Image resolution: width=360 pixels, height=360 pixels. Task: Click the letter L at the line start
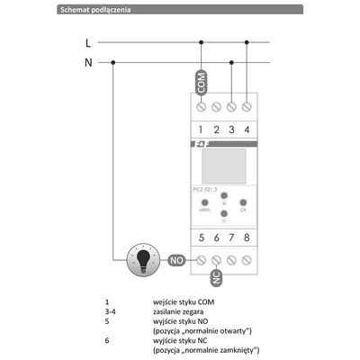pos(87,41)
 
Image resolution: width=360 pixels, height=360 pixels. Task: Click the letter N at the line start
pos(87,62)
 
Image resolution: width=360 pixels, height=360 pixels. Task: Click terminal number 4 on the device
pos(247,130)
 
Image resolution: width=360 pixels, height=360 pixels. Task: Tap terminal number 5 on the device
pos(202,238)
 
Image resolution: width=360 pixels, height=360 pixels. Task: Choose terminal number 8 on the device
pos(247,238)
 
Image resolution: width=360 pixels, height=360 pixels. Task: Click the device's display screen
pos(224,167)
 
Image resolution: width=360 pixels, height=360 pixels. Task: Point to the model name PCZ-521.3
pos(210,188)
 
